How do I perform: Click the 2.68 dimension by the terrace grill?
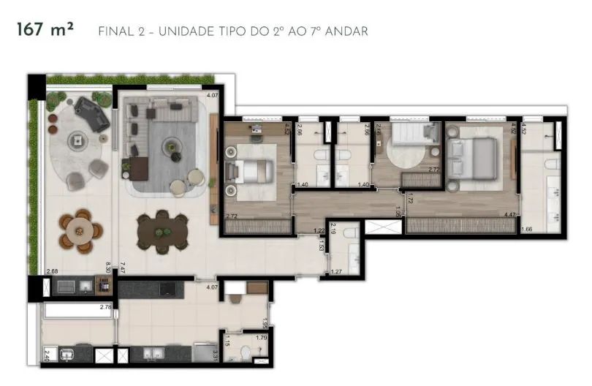coord(52,272)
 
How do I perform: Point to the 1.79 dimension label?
coord(262,338)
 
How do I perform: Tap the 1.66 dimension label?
coord(528,230)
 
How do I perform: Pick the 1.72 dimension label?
coord(410,198)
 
